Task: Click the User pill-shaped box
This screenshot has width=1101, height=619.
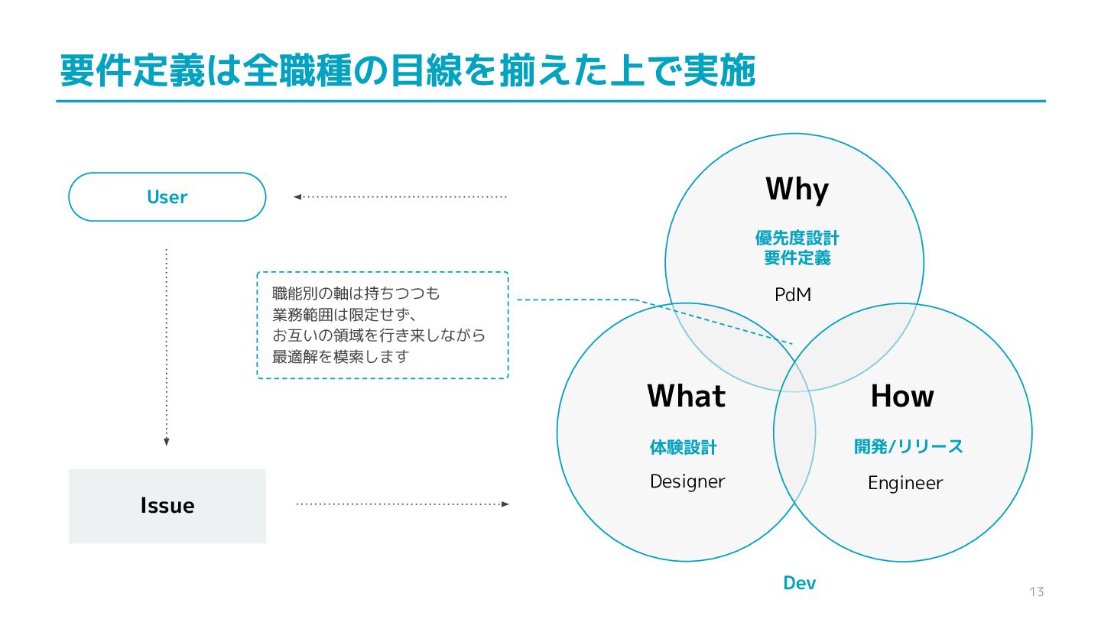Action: point(167,197)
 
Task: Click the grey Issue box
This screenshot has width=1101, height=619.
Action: point(167,506)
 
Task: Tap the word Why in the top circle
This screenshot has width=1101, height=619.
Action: point(797,190)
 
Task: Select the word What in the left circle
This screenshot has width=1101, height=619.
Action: point(686,396)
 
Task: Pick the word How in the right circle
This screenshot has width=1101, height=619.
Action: point(902,396)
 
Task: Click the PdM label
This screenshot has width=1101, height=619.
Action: point(793,294)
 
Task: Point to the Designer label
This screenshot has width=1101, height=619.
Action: point(687,481)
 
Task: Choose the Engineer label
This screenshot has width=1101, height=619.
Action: point(905,483)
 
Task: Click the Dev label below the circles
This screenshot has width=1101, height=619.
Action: point(800,584)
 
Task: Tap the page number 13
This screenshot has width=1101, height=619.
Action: point(1037,592)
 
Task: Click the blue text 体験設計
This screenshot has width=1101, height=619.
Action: point(684,448)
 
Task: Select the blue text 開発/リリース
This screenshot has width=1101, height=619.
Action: point(908,447)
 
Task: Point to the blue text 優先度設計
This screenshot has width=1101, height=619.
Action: point(797,238)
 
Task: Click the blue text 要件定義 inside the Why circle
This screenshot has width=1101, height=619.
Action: point(797,258)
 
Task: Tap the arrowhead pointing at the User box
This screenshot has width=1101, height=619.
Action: point(297,197)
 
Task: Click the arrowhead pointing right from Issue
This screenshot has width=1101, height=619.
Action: point(505,504)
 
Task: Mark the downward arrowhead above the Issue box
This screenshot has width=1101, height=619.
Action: point(166,442)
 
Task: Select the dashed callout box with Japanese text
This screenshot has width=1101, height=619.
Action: point(382,325)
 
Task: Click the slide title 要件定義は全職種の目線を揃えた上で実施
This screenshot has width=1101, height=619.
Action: point(408,72)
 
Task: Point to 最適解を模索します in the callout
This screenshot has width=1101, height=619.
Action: point(341,356)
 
